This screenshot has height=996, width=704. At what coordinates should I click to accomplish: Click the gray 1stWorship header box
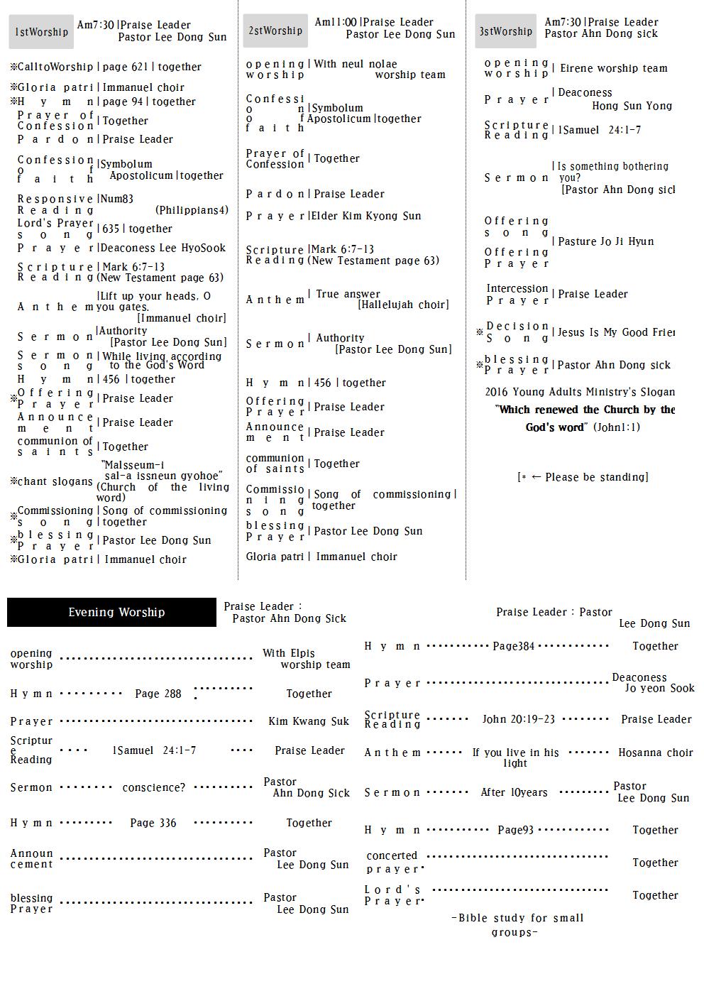pyautogui.click(x=42, y=32)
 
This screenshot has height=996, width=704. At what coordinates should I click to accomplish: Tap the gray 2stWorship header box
pyautogui.click(x=275, y=31)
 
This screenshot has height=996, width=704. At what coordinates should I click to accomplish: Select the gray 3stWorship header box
pyautogui.click(x=505, y=31)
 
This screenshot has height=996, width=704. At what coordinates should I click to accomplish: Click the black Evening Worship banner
pyautogui.click(x=111, y=612)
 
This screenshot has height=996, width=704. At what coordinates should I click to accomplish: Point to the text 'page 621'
pyautogui.click(x=126, y=67)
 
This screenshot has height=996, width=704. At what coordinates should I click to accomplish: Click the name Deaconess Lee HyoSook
pyautogui.click(x=163, y=248)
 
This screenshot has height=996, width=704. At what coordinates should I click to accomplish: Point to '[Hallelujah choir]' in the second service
pyautogui.click(x=403, y=305)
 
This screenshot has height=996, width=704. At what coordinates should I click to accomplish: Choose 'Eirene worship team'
pyautogui.click(x=614, y=68)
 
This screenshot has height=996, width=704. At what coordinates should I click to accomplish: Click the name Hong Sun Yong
pyautogui.click(x=632, y=106)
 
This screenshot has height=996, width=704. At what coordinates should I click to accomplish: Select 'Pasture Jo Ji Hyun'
pyautogui.click(x=606, y=241)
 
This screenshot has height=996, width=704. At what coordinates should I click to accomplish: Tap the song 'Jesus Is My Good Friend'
pyautogui.click(x=616, y=332)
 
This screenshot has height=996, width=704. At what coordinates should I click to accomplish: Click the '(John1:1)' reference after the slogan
pyautogui.click(x=616, y=427)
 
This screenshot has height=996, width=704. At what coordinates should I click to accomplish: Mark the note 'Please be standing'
pyautogui.click(x=589, y=477)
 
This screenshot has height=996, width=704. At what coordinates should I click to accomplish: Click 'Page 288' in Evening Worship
pyautogui.click(x=158, y=694)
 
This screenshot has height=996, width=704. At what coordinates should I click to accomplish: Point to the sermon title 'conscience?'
pyautogui.click(x=153, y=787)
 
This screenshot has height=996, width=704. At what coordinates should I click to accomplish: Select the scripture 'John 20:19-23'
pyautogui.click(x=518, y=719)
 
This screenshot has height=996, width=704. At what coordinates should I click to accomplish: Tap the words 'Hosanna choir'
pyautogui.click(x=655, y=753)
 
